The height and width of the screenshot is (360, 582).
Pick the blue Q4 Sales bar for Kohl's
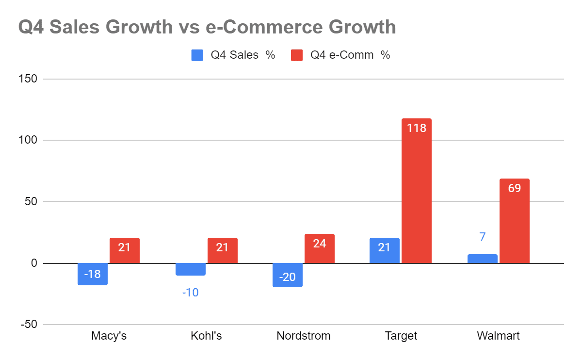pos(190,269)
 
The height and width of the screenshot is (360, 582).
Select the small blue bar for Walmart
pos(482,259)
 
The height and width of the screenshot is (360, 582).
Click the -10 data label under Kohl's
pos(190,293)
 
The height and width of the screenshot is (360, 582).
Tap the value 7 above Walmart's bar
pos(482,237)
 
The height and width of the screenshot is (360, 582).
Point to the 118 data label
pos(416,128)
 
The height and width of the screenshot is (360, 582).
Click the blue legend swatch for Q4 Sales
pos(197,55)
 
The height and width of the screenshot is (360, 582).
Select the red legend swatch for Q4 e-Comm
pos(297,55)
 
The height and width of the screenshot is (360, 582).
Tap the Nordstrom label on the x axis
pos(303,336)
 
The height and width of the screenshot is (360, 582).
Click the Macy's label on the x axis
pos(109,336)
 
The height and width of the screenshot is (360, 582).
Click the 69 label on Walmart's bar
pos(514,188)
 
